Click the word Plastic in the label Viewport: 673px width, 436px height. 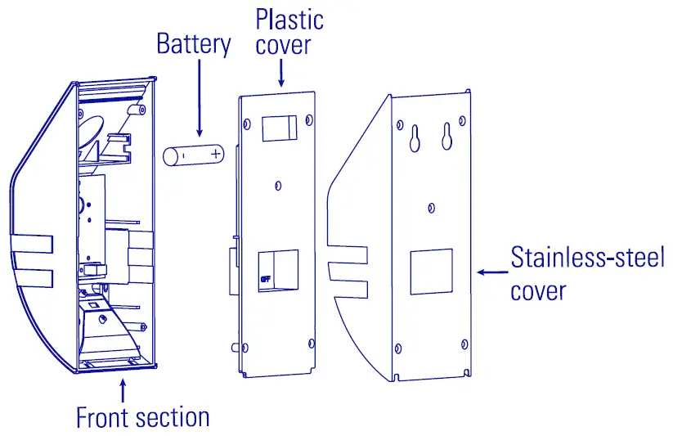point(289,19)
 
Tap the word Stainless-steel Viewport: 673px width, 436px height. point(587,258)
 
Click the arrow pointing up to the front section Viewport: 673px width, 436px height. point(122,389)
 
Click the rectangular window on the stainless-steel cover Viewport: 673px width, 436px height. point(430,272)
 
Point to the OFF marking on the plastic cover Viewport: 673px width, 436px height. point(265,279)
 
